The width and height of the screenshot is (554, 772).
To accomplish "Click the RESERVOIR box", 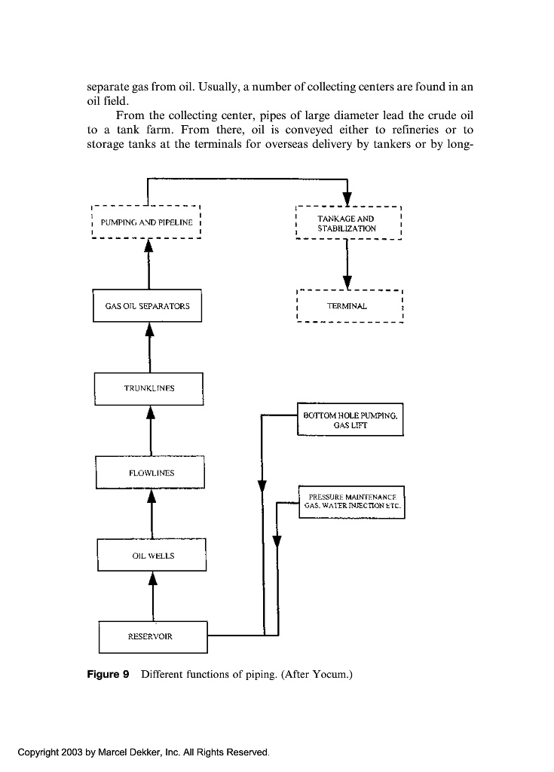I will (x=153, y=636).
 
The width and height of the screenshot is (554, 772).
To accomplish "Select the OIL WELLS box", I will (x=152, y=556).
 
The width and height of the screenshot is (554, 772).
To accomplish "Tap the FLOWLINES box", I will (x=151, y=473).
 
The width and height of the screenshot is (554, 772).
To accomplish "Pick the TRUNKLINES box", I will (x=148, y=388).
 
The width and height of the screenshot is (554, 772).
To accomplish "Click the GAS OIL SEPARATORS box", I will (x=147, y=306).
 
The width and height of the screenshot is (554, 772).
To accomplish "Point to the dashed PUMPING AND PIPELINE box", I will (x=146, y=222).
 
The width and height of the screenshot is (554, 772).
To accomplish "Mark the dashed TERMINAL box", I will (x=348, y=306).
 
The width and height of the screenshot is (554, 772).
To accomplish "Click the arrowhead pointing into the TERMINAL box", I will (x=347, y=280).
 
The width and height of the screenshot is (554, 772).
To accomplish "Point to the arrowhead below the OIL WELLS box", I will (x=153, y=578).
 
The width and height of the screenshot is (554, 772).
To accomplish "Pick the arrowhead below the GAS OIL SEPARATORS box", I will (x=149, y=329).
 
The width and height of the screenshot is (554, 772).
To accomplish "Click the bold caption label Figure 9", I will (x=110, y=674).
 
